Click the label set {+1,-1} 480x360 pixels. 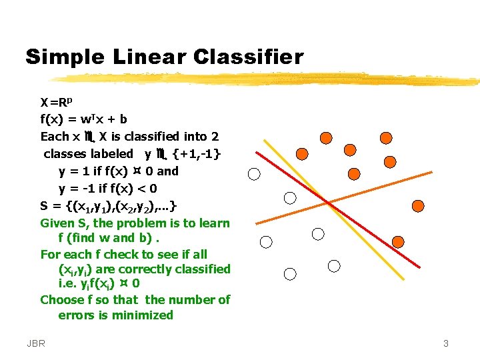197,154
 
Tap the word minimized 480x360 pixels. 142,315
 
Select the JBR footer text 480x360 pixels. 37,344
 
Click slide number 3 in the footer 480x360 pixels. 445,344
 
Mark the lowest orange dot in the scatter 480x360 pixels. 397,242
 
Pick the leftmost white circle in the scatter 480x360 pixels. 254,175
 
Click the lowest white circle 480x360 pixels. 290,274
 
